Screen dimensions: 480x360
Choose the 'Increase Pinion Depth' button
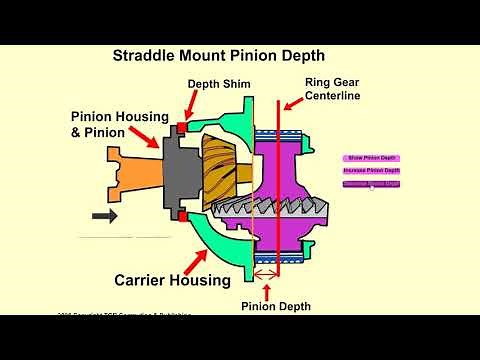click(x=371, y=171)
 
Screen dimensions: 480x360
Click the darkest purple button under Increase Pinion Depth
click(x=371, y=184)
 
